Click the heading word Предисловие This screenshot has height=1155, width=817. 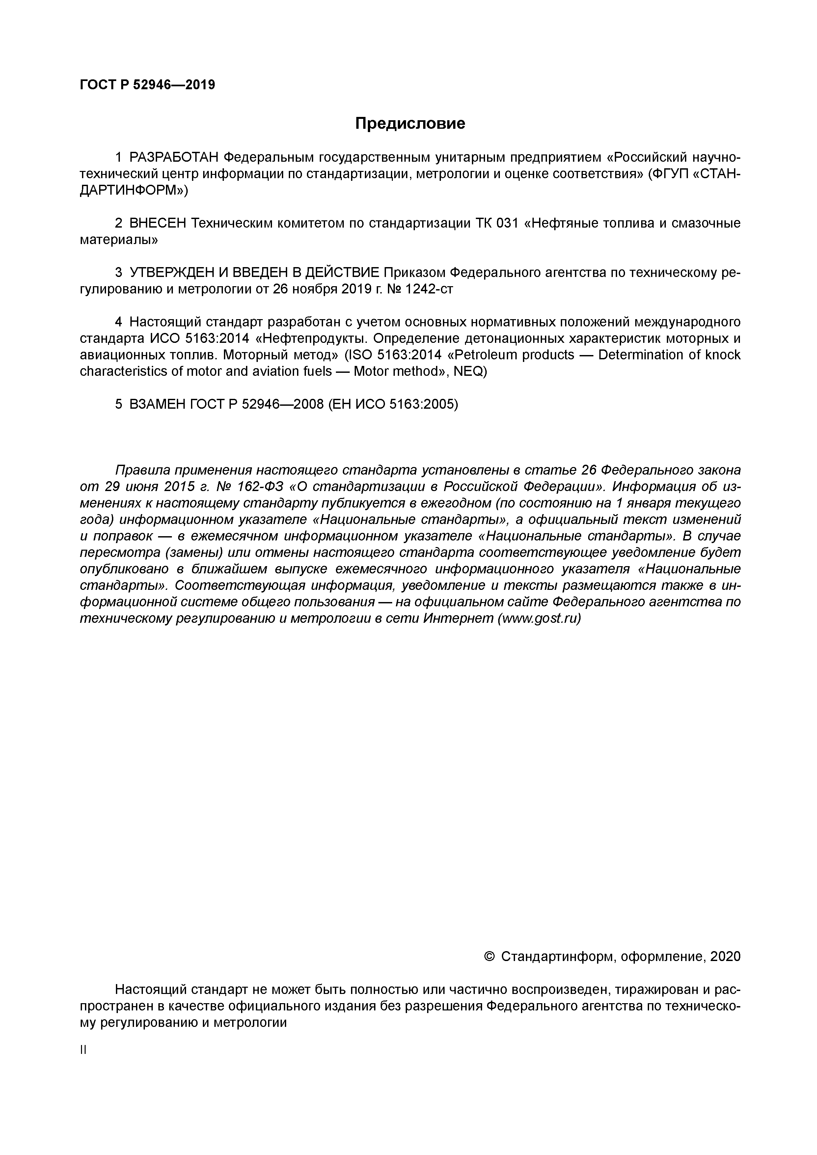[410, 123]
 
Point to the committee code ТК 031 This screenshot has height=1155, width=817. [497, 223]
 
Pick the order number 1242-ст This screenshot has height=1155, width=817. [429, 289]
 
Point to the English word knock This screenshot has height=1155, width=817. [722, 355]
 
